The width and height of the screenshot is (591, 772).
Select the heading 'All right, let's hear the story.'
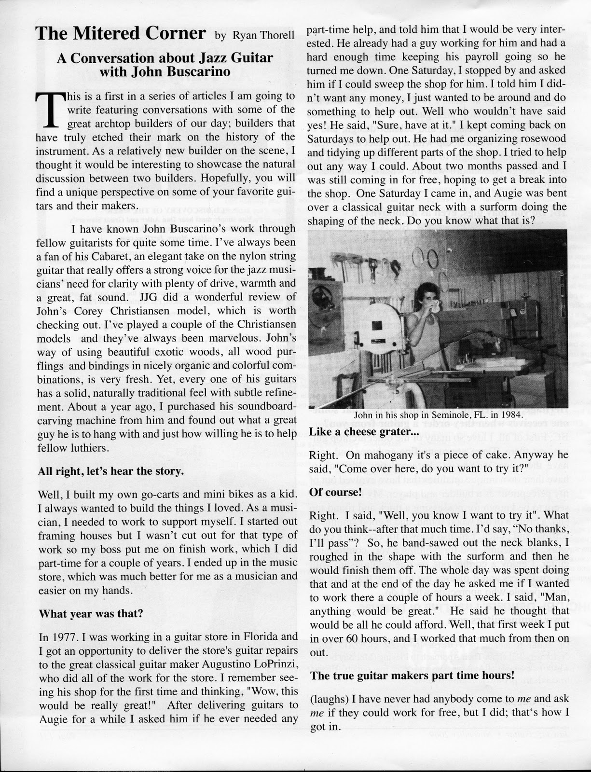click(x=110, y=471)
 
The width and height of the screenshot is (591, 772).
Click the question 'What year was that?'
click(x=90, y=614)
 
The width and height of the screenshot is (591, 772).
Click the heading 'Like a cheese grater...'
click(x=364, y=432)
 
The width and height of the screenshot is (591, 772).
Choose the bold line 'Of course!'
click(x=335, y=492)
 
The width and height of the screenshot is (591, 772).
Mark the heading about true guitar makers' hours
click(x=412, y=675)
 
